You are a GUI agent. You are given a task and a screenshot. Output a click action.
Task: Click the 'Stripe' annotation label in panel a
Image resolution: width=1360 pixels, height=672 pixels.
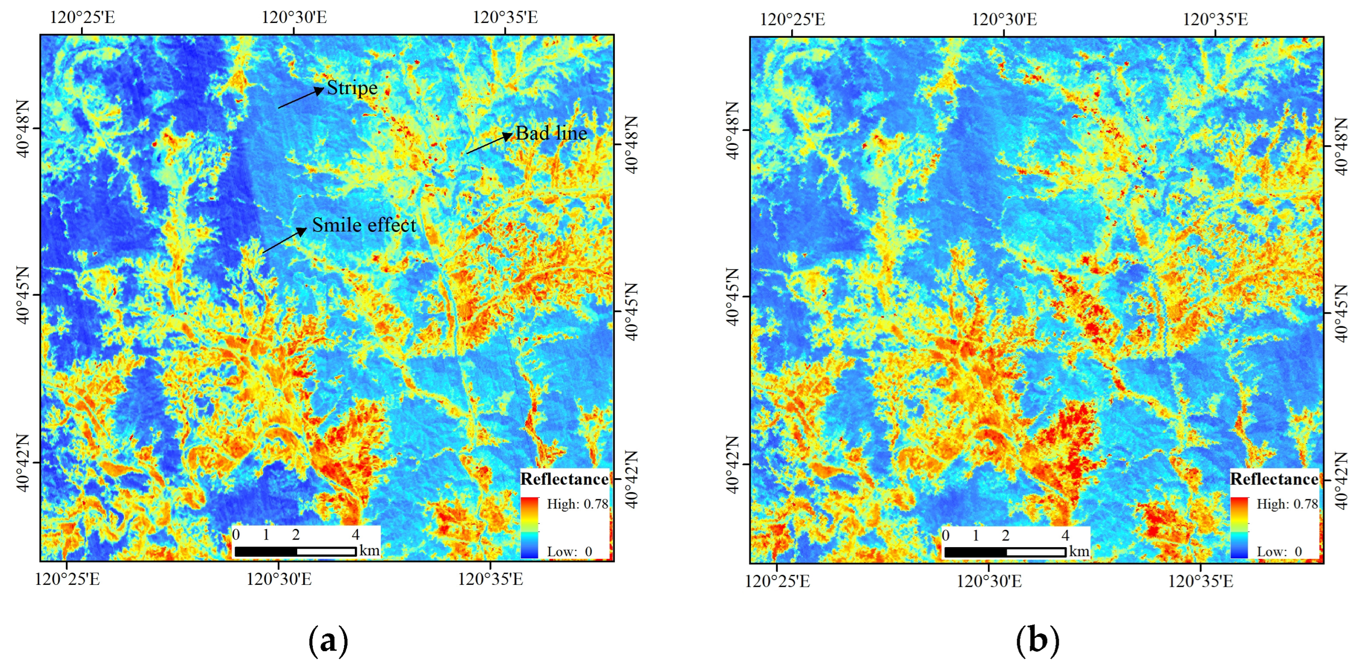352,88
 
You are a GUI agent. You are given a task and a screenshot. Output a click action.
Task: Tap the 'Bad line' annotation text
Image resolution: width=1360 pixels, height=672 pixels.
551,133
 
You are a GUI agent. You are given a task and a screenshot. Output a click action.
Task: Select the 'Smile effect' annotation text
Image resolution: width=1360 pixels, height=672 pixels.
364,225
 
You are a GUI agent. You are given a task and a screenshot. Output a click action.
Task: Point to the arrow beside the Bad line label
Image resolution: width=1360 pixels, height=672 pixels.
489,144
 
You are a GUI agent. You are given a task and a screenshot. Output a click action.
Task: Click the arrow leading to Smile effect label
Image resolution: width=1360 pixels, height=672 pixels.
284,240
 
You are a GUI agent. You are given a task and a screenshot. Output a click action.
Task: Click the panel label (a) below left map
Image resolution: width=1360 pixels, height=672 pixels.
328,640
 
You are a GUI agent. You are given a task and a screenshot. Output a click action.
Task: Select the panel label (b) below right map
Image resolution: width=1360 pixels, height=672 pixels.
1037,640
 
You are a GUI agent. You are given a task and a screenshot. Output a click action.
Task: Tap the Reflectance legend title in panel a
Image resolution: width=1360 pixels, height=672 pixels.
564,479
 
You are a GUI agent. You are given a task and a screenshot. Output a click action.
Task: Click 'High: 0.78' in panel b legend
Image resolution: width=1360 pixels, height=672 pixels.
1287,504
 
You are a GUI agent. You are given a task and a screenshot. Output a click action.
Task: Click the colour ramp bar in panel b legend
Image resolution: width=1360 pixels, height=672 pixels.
1239,527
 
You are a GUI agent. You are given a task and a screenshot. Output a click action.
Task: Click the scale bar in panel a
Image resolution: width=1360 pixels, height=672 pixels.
295,551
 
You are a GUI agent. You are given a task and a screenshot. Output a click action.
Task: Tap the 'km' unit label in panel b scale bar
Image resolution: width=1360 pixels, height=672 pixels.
1079,551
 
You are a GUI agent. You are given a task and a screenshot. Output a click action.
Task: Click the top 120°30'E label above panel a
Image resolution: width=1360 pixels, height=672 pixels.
294,17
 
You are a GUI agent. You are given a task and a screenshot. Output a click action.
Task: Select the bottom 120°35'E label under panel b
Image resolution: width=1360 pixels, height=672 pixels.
1200,581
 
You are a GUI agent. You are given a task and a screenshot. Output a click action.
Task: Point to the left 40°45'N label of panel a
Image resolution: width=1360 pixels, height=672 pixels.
23,296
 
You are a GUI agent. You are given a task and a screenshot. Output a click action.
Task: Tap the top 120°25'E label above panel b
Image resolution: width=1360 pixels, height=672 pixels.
792,19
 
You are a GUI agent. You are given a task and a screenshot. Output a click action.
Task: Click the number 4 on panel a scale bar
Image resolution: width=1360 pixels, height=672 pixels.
355,535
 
